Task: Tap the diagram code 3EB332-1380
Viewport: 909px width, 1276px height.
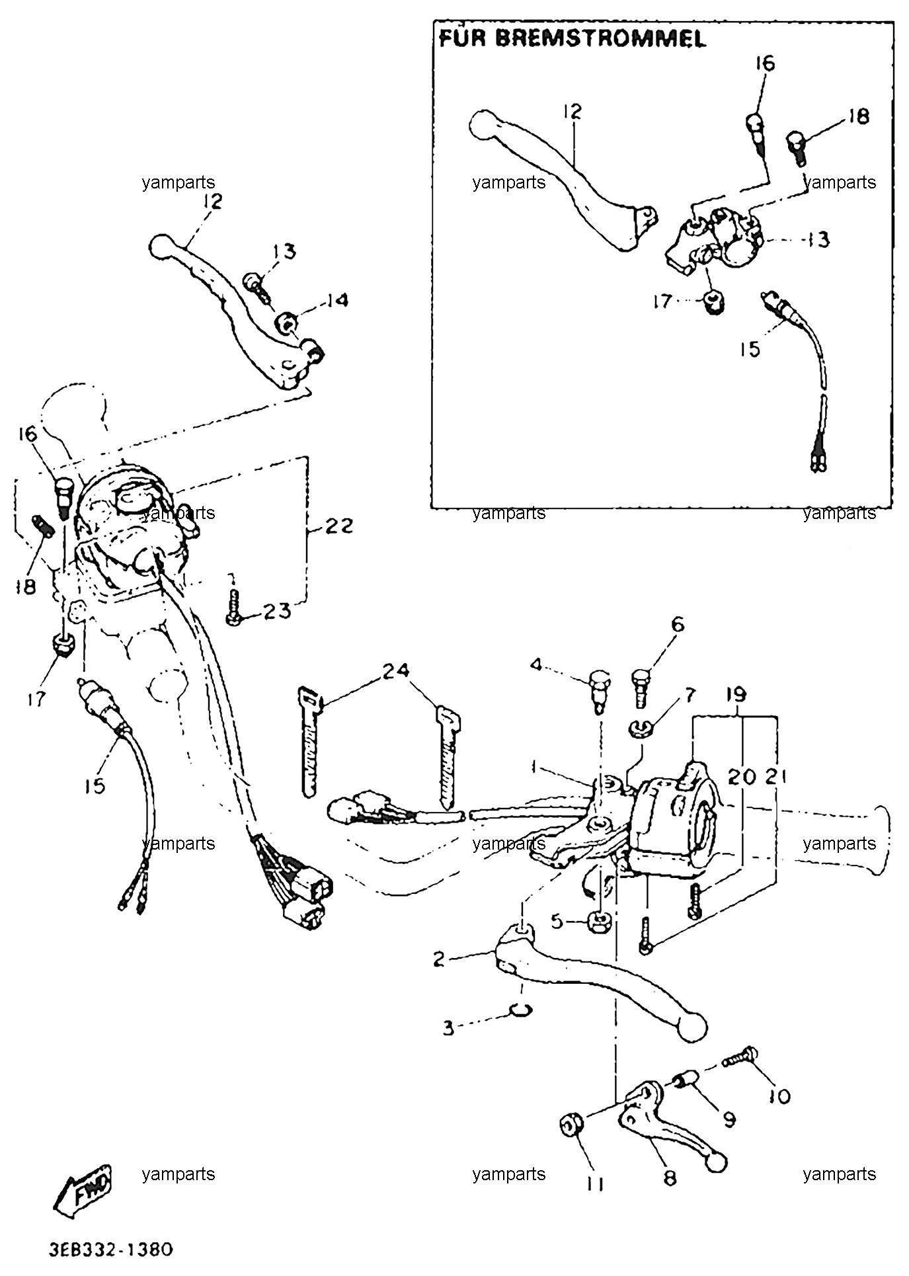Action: [110, 1250]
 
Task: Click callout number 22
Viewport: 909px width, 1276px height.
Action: [338, 527]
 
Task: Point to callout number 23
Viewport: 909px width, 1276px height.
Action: [277, 611]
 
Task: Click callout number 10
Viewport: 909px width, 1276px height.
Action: [779, 1096]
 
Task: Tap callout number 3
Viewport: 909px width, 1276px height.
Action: [449, 1029]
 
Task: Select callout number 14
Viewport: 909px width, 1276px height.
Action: [336, 301]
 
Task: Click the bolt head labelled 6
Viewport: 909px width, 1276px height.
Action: [641, 678]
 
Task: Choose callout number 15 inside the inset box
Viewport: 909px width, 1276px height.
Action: [750, 348]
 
